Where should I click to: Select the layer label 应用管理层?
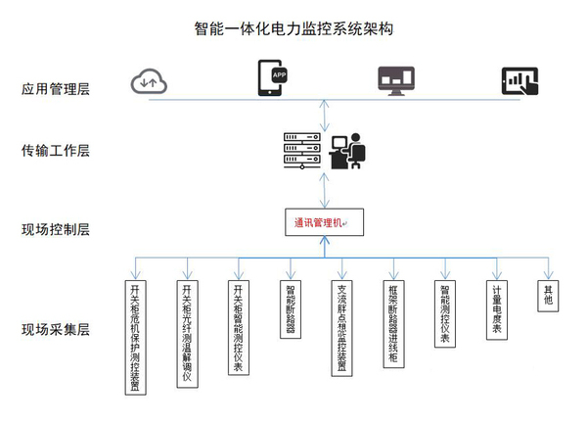click(56, 89)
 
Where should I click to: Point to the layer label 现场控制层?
click(56, 231)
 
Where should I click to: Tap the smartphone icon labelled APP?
click(273, 78)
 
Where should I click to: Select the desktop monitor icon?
click(396, 79)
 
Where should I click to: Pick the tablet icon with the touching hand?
click(519, 79)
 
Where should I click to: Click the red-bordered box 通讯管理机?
click(324, 222)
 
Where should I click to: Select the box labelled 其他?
click(548, 295)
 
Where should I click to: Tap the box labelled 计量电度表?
click(497, 312)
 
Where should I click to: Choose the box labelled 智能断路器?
click(291, 310)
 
